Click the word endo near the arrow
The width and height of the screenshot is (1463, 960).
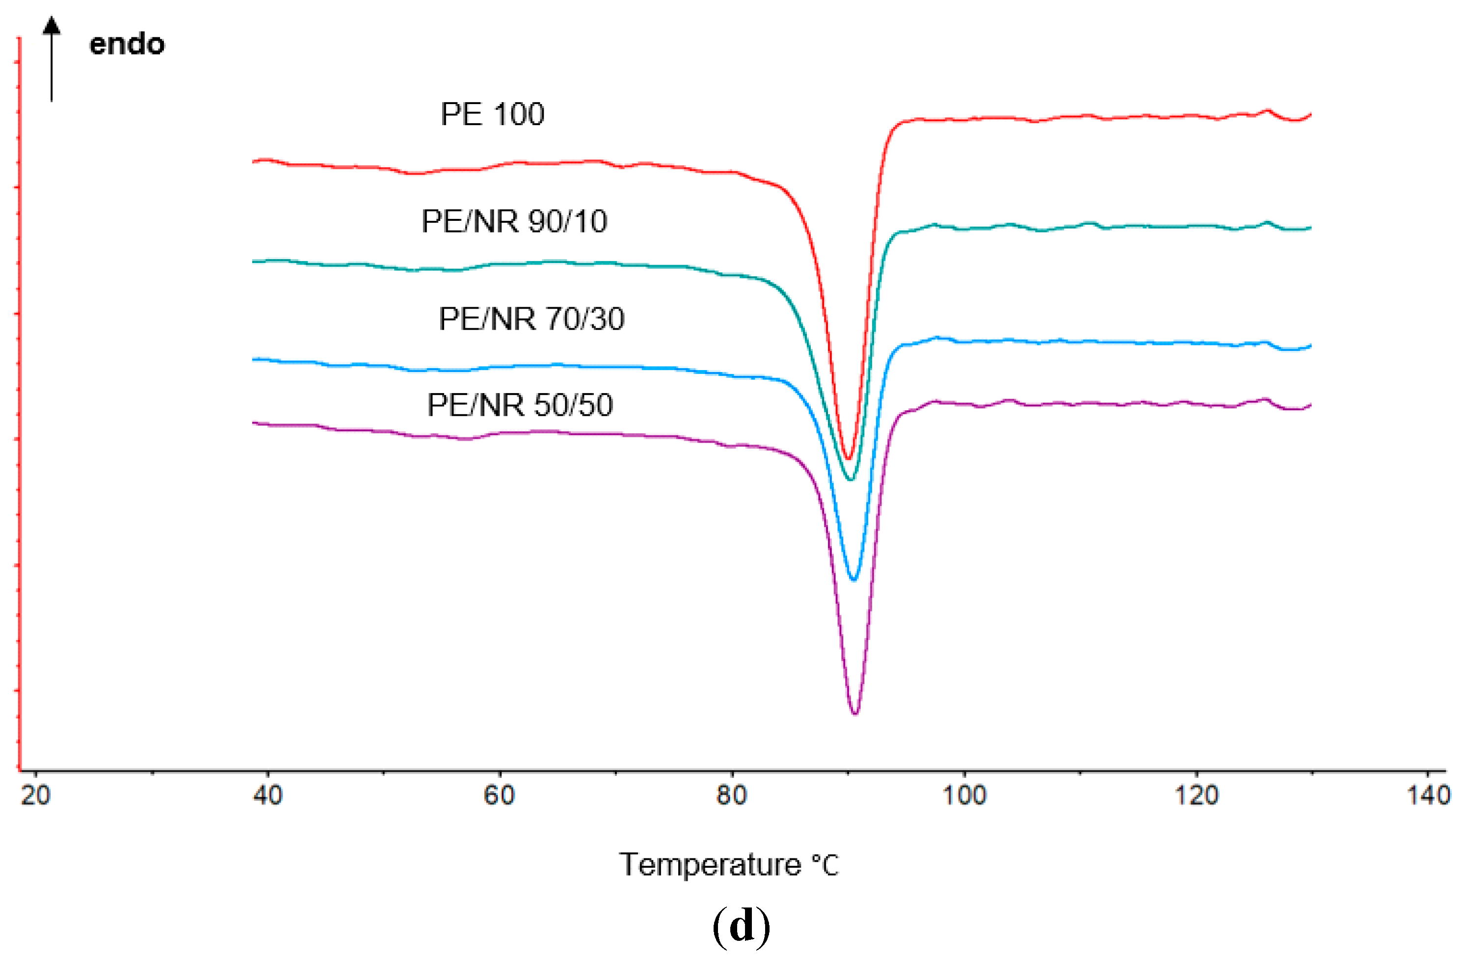pyautogui.click(x=127, y=44)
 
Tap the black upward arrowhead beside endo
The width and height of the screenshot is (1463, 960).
pyautogui.click(x=52, y=25)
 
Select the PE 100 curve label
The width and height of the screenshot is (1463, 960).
pyautogui.click(x=492, y=114)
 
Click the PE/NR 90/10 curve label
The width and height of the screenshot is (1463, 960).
pyautogui.click(x=514, y=221)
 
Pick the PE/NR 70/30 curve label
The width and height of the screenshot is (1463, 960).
pyautogui.click(x=531, y=319)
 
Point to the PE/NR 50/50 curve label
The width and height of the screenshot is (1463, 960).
pyautogui.click(x=520, y=405)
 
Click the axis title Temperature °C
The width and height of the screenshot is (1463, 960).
pyautogui.click(x=728, y=865)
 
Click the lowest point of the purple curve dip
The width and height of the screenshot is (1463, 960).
pyautogui.click(x=854, y=714)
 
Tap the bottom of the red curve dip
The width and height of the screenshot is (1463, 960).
pyautogui.click(x=848, y=459)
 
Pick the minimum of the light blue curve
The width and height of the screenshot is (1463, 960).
pyautogui.click(x=853, y=580)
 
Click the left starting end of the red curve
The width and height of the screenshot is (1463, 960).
pyautogui.click(x=254, y=161)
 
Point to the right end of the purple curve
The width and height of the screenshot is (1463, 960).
pyautogui.click(x=1310, y=405)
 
